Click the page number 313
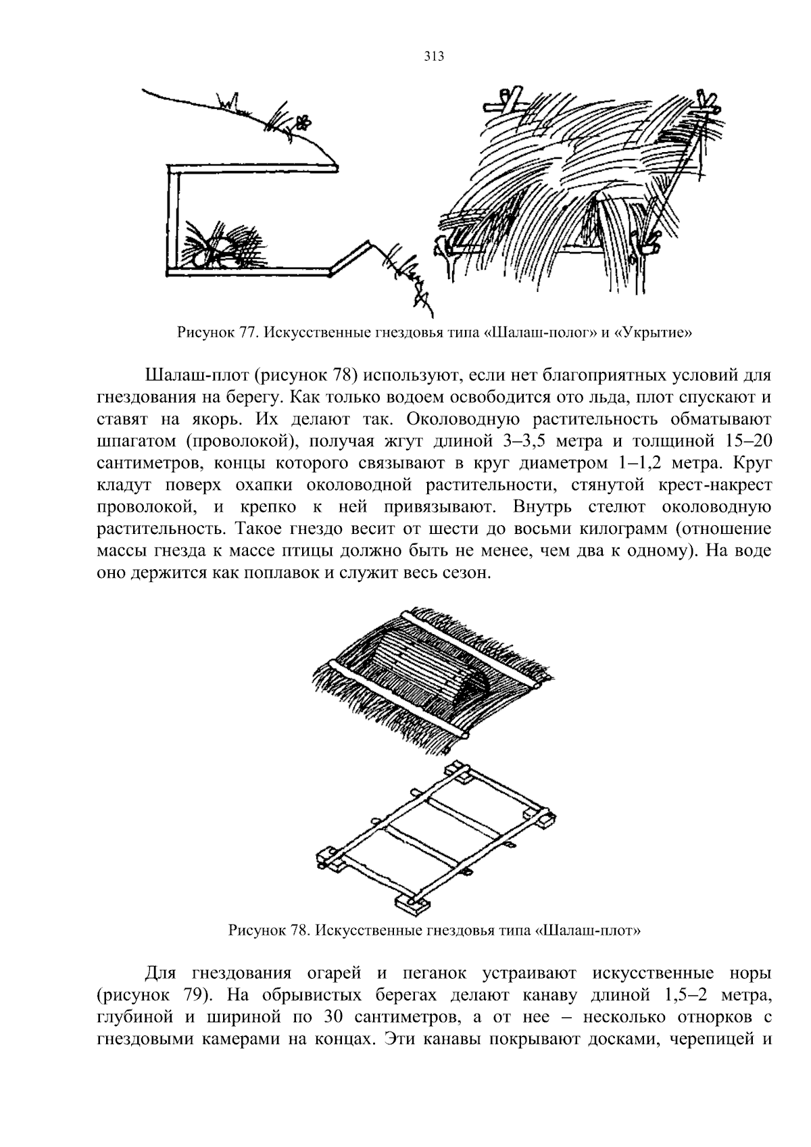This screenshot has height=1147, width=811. coord(434,57)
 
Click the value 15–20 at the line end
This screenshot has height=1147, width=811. coord(744,441)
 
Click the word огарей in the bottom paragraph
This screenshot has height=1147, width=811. coord(337,974)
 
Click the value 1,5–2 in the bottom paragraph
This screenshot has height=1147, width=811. coord(682,996)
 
